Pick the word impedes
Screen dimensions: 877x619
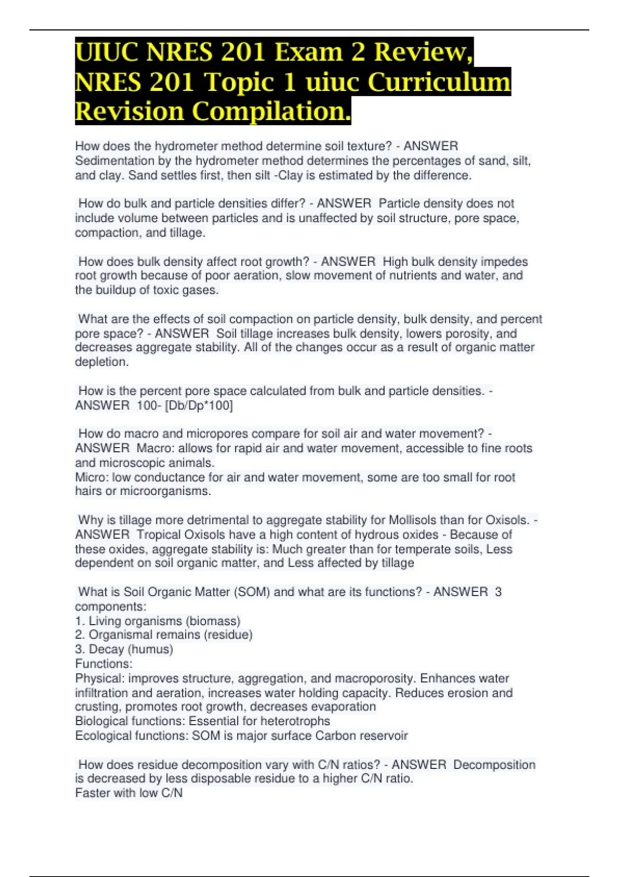[x=504, y=262]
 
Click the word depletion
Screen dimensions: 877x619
[x=101, y=362]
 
